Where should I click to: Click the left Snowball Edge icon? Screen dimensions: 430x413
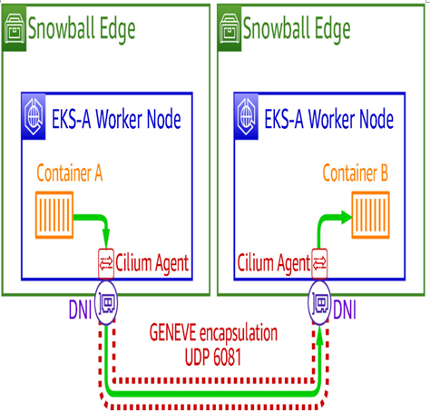pos(15,28)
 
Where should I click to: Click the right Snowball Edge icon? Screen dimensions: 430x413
pos(230,28)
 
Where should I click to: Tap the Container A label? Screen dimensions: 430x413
pos(70,173)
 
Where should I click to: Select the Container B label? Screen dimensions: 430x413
pos(356,173)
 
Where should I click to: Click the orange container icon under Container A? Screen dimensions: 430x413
pos(54,215)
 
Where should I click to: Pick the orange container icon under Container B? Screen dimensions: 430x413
pos(370,215)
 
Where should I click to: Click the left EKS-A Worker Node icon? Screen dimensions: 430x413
pos(34,116)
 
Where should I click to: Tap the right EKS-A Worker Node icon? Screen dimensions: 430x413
pos(247,116)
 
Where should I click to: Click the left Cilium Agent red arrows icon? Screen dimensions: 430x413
pos(106,263)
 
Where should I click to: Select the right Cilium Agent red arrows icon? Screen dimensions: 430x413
pos(319,263)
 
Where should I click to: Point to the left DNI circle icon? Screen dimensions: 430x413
pos(106,303)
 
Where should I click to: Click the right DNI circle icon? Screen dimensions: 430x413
pos(319,303)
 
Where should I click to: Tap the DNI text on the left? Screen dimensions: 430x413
pos(80,310)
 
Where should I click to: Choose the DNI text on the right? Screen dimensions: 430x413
pos(345,310)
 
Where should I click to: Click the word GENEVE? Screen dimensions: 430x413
pos(172,332)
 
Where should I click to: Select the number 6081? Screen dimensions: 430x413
pos(227,357)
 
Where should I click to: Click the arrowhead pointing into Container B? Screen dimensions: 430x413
pos(347,217)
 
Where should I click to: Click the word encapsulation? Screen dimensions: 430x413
pos(239,333)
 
